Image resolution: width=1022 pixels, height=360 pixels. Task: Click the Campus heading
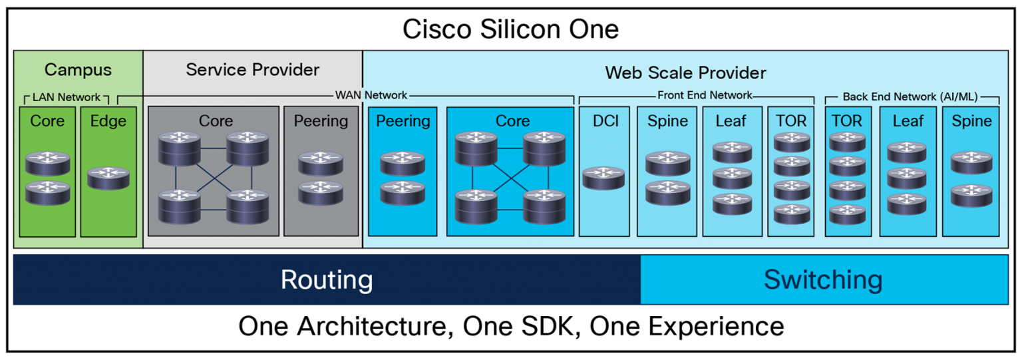(78, 70)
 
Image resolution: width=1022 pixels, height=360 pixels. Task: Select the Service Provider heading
(252, 70)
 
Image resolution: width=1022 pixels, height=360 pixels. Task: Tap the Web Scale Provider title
(685, 73)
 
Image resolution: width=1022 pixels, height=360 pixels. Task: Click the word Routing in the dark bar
(326, 279)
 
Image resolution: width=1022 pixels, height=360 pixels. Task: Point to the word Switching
(823, 279)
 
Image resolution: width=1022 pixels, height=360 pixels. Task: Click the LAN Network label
(67, 97)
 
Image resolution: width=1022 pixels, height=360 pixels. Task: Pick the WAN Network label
(371, 95)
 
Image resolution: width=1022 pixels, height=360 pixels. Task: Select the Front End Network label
(705, 95)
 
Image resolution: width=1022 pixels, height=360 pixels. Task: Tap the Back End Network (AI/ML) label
(910, 96)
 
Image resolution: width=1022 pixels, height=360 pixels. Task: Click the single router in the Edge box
(108, 178)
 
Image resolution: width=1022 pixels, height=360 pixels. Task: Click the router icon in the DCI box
(603, 178)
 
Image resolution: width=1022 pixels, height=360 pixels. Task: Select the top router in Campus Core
(47, 163)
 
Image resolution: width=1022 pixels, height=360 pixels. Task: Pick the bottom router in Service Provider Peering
(321, 192)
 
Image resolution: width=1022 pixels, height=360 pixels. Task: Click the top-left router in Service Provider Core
(180, 148)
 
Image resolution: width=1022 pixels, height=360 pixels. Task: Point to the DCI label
(605, 121)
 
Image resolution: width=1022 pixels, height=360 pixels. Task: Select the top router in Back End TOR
(847, 142)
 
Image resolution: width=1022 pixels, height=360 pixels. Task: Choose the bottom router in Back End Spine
(971, 194)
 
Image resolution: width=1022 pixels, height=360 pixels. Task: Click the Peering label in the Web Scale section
(403, 121)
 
